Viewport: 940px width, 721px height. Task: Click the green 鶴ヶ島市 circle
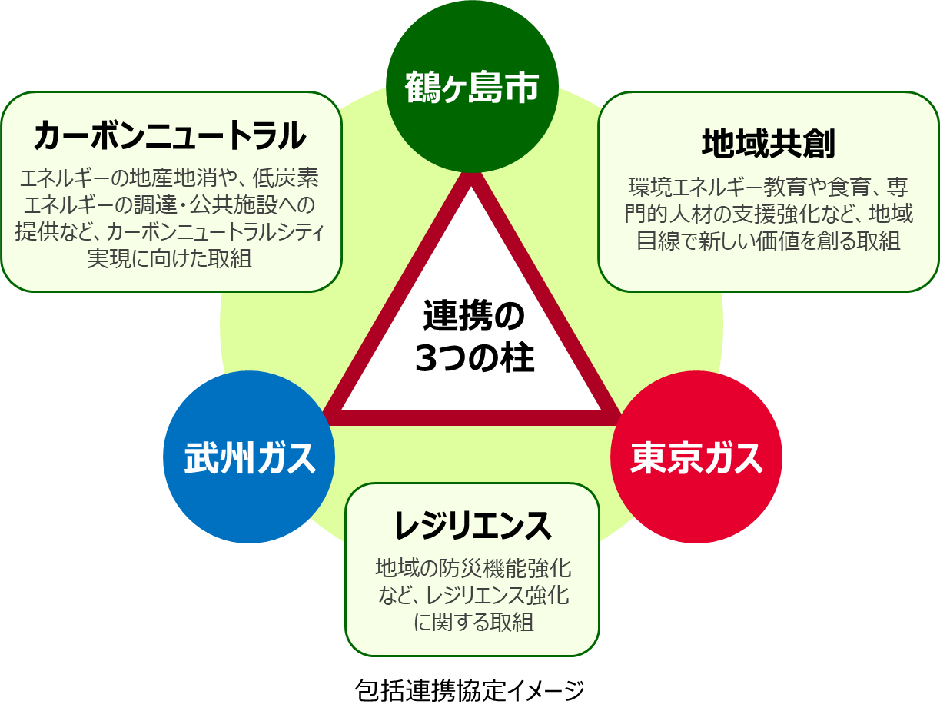(471, 87)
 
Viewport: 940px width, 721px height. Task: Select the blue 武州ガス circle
(249, 457)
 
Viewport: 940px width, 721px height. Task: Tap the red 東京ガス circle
(696, 457)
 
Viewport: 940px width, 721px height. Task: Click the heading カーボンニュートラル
(170, 136)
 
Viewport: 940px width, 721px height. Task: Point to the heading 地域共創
(768, 143)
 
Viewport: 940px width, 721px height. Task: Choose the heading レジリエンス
(472, 525)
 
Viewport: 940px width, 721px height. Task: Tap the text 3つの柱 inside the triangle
(473, 359)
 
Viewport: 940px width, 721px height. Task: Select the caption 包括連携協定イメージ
(470, 690)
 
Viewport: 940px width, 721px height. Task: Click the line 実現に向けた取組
(170, 257)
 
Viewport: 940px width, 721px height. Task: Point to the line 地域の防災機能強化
(473, 568)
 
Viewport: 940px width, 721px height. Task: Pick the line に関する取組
(473, 621)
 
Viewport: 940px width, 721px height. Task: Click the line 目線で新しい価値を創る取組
(768, 240)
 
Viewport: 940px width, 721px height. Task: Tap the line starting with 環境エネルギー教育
(768, 187)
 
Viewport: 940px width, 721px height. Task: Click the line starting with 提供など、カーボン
(170, 231)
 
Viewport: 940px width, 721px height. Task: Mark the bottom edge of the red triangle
(472, 417)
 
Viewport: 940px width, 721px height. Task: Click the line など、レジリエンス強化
(473, 595)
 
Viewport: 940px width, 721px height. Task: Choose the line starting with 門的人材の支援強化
(768, 213)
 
